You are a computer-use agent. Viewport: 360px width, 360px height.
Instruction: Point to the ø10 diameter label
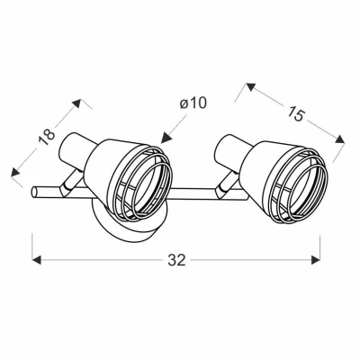193,103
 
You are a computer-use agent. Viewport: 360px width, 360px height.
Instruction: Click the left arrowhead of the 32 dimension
37,261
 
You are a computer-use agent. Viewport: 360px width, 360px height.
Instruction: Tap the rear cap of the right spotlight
227,145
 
